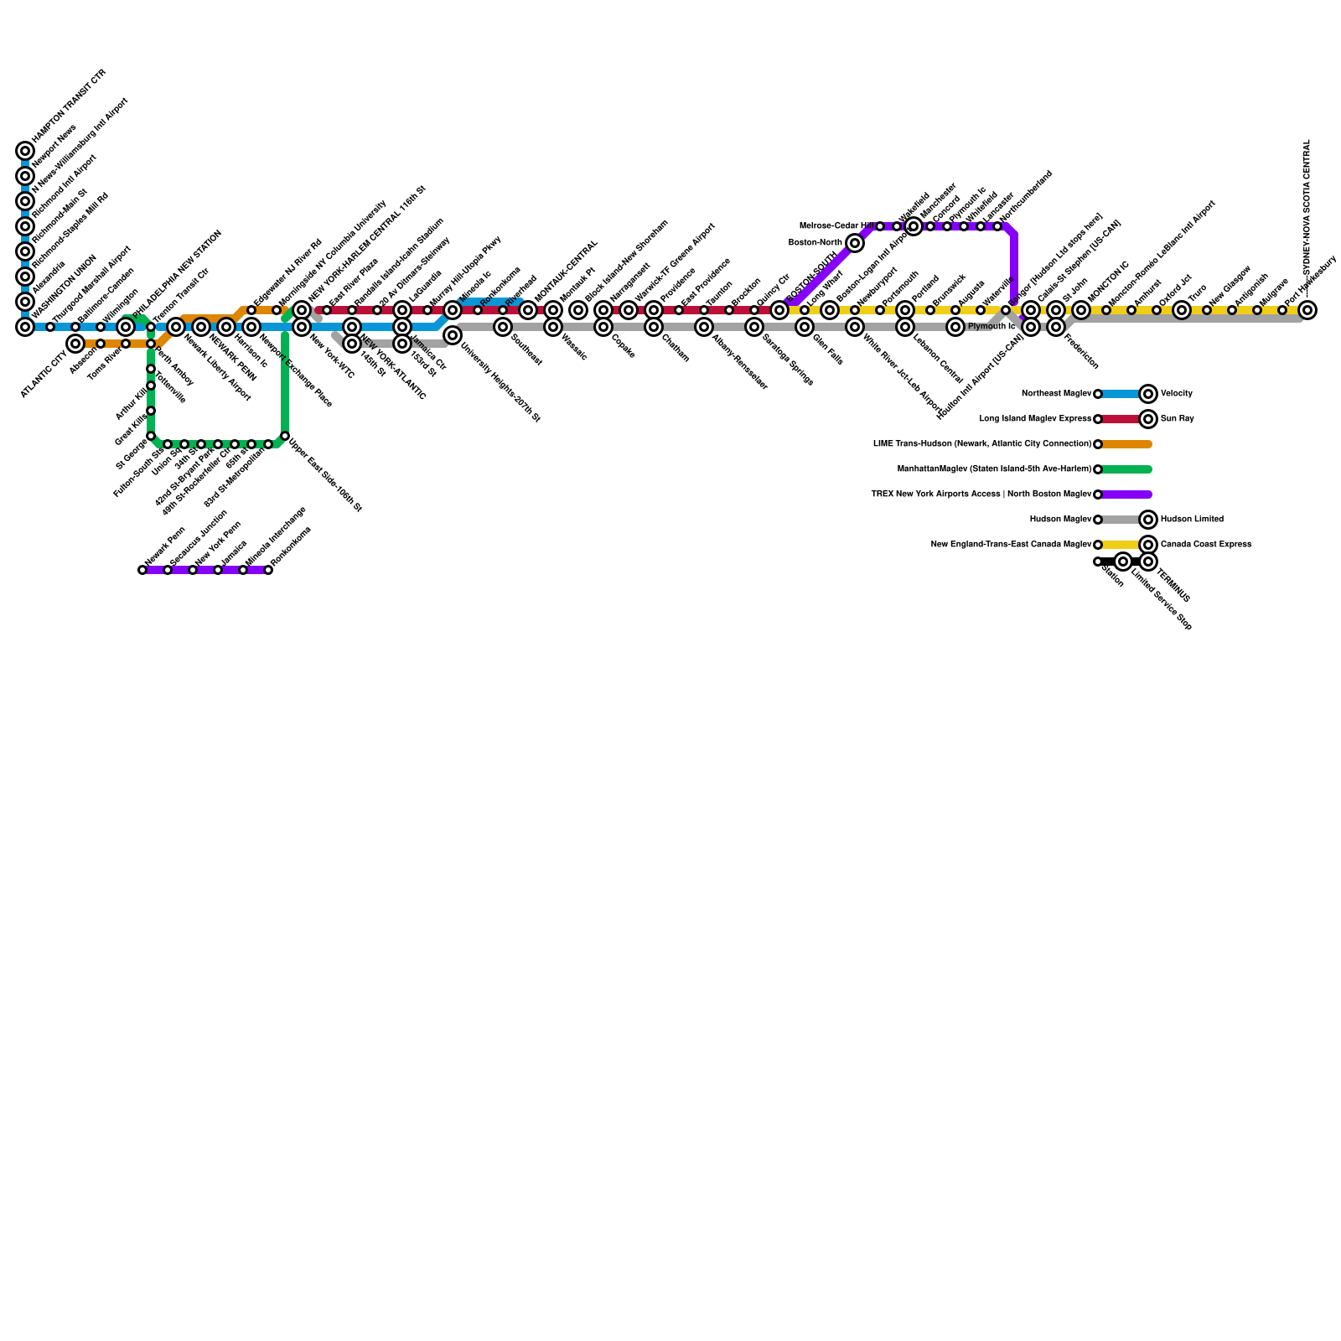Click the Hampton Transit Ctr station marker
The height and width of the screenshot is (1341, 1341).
25,151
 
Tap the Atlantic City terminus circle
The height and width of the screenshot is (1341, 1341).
75,344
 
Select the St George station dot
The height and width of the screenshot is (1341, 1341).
151,436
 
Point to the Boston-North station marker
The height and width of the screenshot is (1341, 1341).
855,243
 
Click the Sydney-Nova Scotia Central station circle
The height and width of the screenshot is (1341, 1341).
1307,310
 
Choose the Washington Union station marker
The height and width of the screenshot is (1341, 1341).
25,327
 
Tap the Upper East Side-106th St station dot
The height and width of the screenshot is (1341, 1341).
285,436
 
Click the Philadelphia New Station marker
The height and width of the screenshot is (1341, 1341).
126,327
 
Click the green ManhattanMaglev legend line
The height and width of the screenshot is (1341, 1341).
1126,469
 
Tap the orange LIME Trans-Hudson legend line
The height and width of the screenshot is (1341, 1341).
1126,444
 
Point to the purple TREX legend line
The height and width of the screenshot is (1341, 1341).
1126,494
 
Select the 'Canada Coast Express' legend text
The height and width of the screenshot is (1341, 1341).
1205,545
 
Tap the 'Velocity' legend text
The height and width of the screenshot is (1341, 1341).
1177,394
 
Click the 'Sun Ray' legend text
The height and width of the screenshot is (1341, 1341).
1177,419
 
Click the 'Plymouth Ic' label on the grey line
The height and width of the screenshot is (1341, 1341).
991,327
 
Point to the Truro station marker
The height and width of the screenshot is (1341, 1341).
1182,310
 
